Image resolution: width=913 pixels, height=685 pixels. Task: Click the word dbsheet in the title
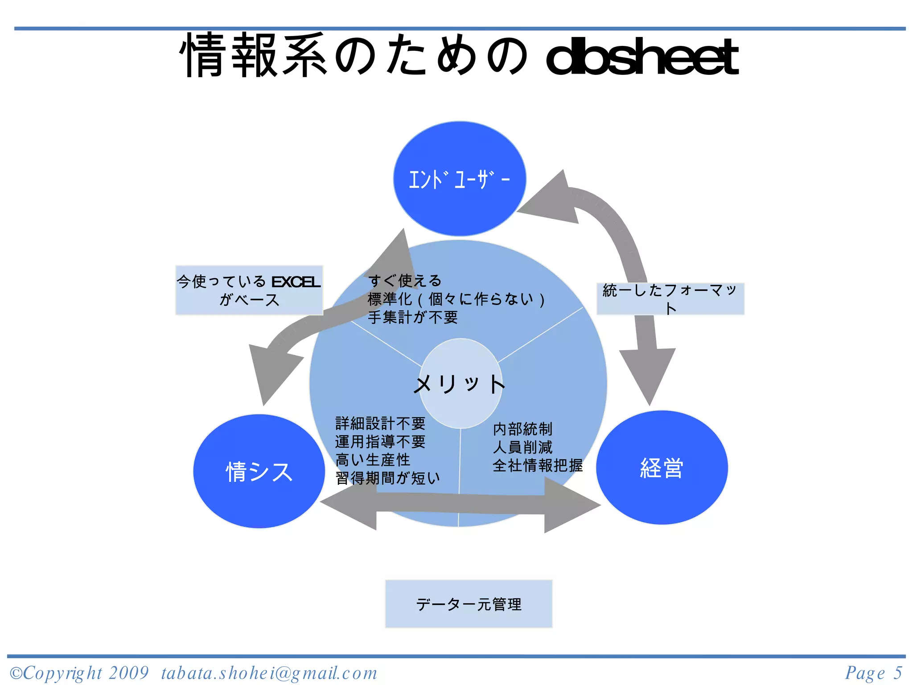pyautogui.click(x=642, y=57)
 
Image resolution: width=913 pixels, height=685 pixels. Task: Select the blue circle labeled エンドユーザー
pyautogui.click(x=459, y=178)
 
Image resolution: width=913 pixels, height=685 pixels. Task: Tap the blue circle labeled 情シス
pyautogui.click(x=259, y=471)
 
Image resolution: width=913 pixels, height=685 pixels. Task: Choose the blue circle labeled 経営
pyautogui.click(x=662, y=468)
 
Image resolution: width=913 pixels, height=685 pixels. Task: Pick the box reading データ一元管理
pyautogui.click(x=469, y=604)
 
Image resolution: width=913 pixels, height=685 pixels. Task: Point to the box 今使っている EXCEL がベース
pyautogui.click(x=249, y=290)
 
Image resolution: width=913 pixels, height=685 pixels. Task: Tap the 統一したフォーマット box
pyautogui.click(x=670, y=298)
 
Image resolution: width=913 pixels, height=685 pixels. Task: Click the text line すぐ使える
pyautogui.click(x=405, y=281)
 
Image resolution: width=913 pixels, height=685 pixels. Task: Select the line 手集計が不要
pyautogui.click(x=413, y=318)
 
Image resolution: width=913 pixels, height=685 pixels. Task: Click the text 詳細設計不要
pyautogui.click(x=380, y=423)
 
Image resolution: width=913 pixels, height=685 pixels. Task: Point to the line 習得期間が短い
pyautogui.click(x=387, y=478)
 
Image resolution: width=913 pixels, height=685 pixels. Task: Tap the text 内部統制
pyautogui.click(x=522, y=429)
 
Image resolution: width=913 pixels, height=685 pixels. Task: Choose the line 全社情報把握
pyautogui.click(x=538, y=466)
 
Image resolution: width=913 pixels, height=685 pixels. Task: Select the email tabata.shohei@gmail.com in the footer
pyautogui.click(x=269, y=673)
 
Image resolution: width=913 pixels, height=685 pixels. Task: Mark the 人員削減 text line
pyautogui.click(x=522, y=447)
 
